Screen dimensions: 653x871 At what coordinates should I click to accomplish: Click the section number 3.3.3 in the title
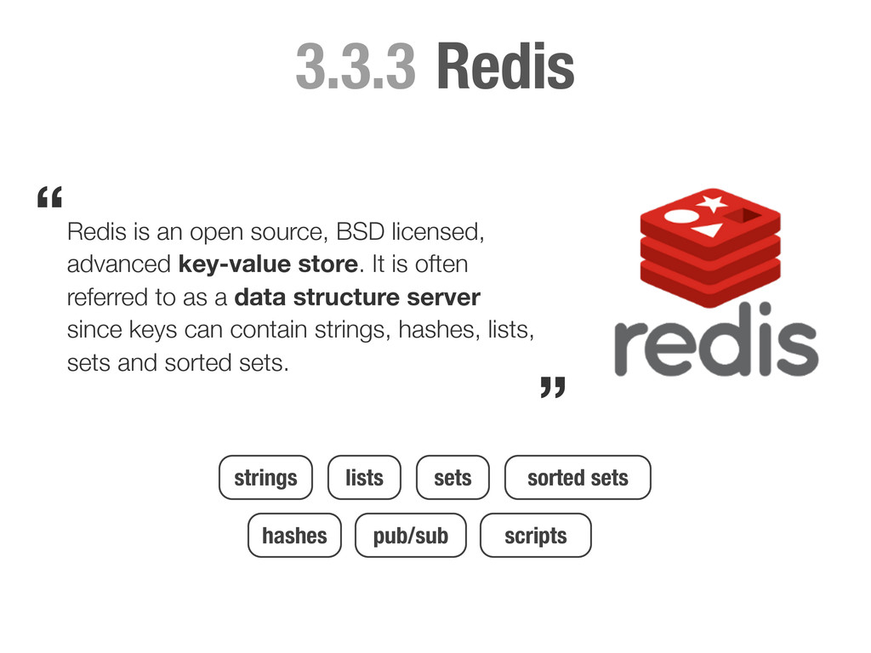356,67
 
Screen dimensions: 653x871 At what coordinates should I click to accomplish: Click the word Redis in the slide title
505,67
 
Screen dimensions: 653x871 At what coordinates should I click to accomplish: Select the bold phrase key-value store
268,264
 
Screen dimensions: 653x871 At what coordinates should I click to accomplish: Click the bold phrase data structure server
356,298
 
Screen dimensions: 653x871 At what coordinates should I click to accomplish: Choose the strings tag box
265,478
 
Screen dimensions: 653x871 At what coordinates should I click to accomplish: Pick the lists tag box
364,478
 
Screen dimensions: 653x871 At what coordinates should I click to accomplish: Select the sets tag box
453,478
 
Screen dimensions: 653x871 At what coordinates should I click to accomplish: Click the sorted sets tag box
578,478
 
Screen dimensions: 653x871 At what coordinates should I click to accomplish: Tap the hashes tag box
294,536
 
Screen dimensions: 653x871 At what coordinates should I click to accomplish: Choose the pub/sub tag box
410,536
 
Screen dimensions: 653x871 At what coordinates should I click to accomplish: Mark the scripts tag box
535,536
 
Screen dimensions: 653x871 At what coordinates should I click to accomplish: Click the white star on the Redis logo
712,203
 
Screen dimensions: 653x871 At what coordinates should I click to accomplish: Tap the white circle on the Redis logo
680,216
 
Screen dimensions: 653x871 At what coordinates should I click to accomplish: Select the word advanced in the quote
119,264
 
